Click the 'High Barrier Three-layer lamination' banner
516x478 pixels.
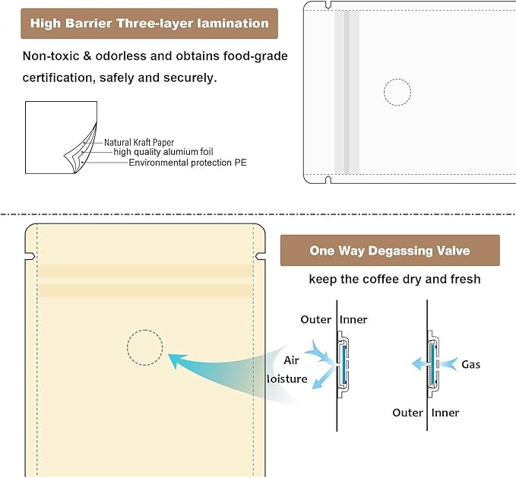[x=150, y=24]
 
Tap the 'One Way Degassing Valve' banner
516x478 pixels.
[x=390, y=250]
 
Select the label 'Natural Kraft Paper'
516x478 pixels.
[x=139, y=142]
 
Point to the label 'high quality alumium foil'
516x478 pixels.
[x=163, y=152]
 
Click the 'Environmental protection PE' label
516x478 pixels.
[x=188, y=163]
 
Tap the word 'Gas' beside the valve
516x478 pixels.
[x=470, y=365]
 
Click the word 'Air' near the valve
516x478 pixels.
[x=291, y=360]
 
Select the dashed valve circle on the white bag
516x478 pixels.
[x=397, y=79]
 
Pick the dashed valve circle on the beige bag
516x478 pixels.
[x=145, y=330]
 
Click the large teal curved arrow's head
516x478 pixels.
[x=177, y=359]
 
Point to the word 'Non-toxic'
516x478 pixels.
[x=51, y=56]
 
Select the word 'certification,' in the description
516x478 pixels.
[x=59, y=78]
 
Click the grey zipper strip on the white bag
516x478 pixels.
[x=347, y=92]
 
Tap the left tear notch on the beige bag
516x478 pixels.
[x=30, y=256]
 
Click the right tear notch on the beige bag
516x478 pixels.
[x=261, y=256]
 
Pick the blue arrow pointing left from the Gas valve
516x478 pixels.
[x=420, y=364]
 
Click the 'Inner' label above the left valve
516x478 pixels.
[x=353, y=319]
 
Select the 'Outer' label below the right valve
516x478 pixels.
[x=407, y=413]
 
